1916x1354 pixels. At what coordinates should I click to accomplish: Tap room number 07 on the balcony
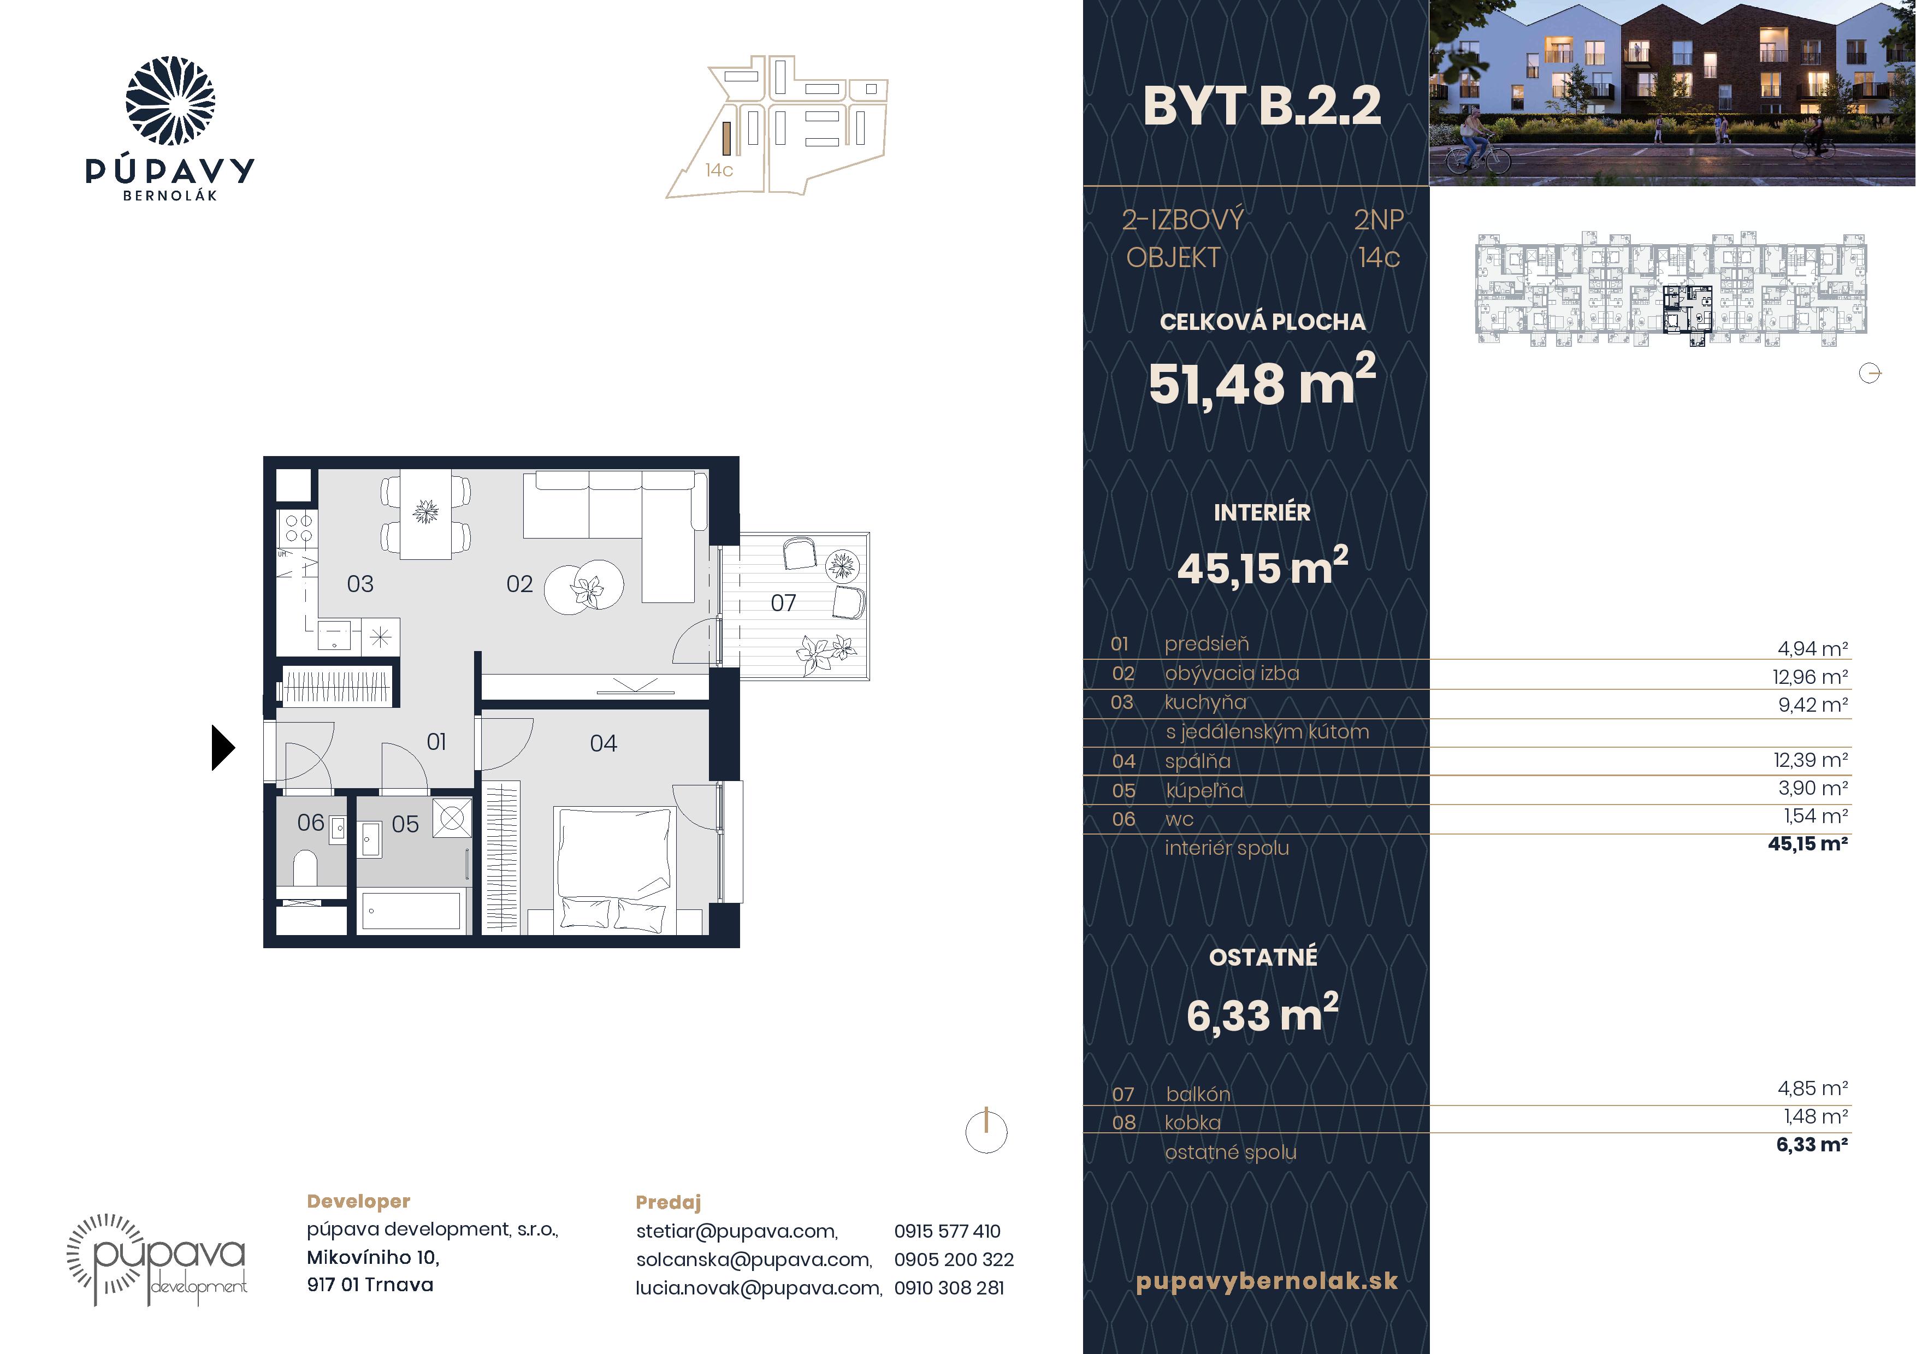pyautogui.click(x=783, y=602)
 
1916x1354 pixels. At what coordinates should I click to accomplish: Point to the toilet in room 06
pyautogui.click(x=305, y=868)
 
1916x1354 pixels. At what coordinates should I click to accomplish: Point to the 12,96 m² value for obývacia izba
pyautogui.click(x=1810, y=677)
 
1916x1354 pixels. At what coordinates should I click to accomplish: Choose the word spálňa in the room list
pyautogui.click(x=1197, y=761)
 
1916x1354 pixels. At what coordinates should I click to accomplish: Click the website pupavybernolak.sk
pyautogui.click(x=1267, y=1281)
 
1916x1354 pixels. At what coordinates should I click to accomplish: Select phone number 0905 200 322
pyautogui.click(x=954, y=1259)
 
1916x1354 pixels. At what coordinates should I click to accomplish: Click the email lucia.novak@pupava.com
pyautogui.click(x=759, y=1287)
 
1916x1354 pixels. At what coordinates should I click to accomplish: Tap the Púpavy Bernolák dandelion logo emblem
pyautogui.click(x=170, y=101)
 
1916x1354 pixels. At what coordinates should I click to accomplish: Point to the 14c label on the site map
pyautogui.click(x=719, y=170)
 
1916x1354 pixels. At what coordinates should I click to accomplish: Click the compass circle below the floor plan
pyautogui.click(x=986, y=1132)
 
